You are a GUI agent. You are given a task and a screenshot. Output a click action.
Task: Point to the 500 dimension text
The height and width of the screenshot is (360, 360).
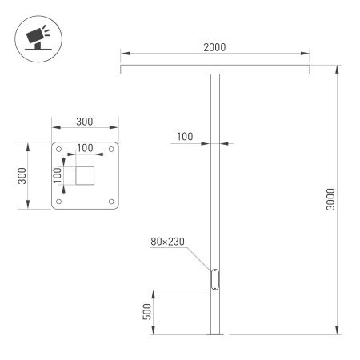point(147,311)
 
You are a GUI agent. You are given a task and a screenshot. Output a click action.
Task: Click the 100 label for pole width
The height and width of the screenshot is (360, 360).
point(184,137)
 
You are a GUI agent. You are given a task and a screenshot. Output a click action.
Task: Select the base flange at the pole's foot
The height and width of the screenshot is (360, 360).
point(215,334)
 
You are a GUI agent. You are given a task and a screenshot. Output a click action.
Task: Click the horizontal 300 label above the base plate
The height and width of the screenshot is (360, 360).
point(84,122)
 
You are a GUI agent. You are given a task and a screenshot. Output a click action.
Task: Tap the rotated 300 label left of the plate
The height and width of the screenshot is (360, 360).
point(23,175)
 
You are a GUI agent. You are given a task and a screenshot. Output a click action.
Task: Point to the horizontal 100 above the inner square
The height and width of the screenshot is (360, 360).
point(85,149)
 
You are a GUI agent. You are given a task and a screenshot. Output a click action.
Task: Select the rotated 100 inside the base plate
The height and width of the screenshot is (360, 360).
point(58,175)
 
